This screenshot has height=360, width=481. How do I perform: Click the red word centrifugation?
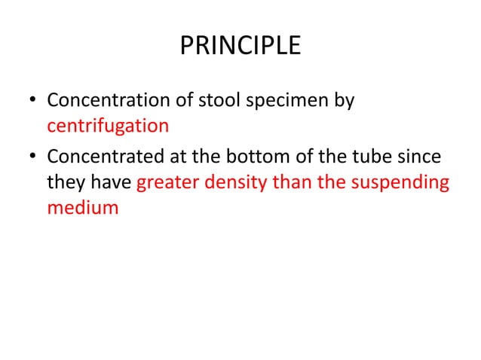(x=108, y=125)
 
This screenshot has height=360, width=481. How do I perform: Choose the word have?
(x=111, y=182)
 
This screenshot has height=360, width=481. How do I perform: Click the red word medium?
(x=83, y=207)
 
